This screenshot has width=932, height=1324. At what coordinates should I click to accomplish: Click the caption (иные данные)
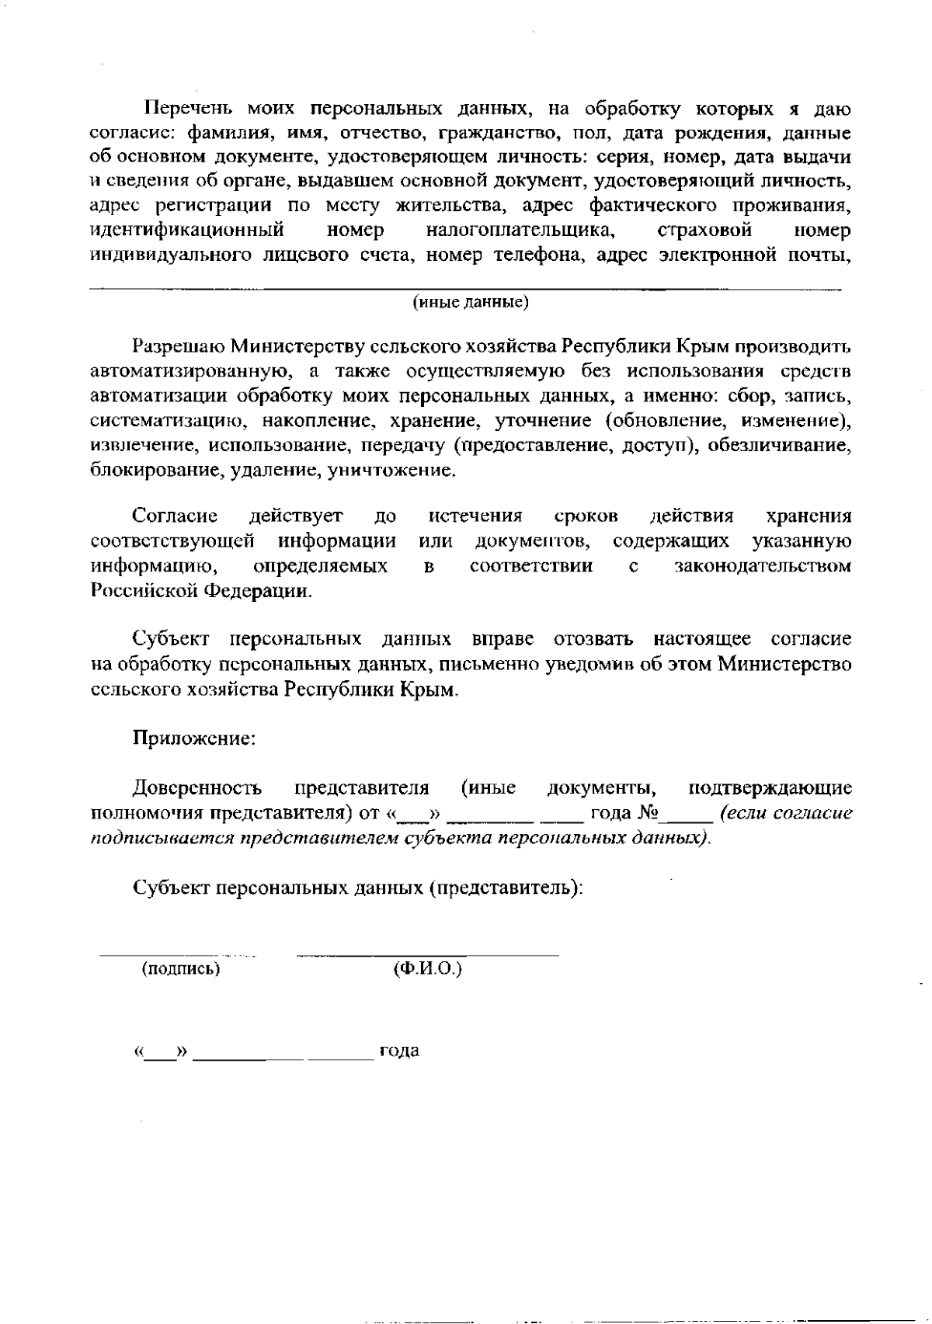(x=471, y=302)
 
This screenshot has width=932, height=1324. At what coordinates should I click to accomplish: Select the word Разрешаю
(x=178, y=346)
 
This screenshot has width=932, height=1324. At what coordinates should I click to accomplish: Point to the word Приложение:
(x=194, y=738)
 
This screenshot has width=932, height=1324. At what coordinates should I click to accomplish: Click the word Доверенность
(x=197, y=788)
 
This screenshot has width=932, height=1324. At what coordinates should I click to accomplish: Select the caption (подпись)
(x=181, y=968)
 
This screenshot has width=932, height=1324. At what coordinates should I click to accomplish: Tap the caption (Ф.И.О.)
(x=428, y=968)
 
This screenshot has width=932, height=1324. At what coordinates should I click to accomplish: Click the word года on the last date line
(x=399, y=1051)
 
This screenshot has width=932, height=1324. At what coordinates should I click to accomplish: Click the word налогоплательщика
(x=522, y=231)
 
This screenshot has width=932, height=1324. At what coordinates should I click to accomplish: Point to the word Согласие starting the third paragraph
(x=176, y=516)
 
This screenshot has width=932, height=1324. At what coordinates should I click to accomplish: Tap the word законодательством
(x=763, y=566)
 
